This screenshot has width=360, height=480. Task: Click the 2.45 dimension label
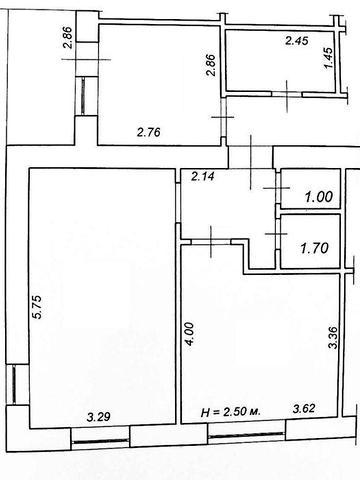pyautogui.click(x=297, y=41)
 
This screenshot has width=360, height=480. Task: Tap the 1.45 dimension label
pyautogui.click(x=328, y=58)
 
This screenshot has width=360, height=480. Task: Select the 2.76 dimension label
pyautogui.click(x=149, y=132)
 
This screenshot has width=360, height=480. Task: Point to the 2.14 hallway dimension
pyautogui.click(x=203, y=176)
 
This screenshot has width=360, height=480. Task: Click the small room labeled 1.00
pyautogui.click(x=311, y=189)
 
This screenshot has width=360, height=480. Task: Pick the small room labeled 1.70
pyautogui.click(x=311, y=241)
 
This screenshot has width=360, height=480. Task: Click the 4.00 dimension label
pyautogui.click(x=189, y=334)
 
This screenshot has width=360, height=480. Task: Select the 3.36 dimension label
pyautogui.click(x=333, y=337)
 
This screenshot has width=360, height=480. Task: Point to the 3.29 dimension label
pyautogui.click(x=98, y=417)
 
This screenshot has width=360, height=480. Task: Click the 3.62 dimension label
pyautogui.click(x=304, y=408)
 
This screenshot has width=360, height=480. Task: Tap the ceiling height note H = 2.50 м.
pyautogui.click(x=230, y=412)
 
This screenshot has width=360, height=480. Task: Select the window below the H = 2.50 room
pyautogui.click(x=246, y=434)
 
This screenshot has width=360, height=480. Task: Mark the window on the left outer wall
pyautogui.click(x=14, y=384)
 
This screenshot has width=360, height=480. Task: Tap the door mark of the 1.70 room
pyautogui.click(x=276, y=234)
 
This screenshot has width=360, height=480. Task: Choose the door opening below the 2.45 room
pyautogui.click(x=287, y=94)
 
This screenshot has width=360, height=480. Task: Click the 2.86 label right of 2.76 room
pyautogui.click(x=211, y=65)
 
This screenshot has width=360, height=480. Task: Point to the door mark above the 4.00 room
pyautogui.click(x=211, y=241)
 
